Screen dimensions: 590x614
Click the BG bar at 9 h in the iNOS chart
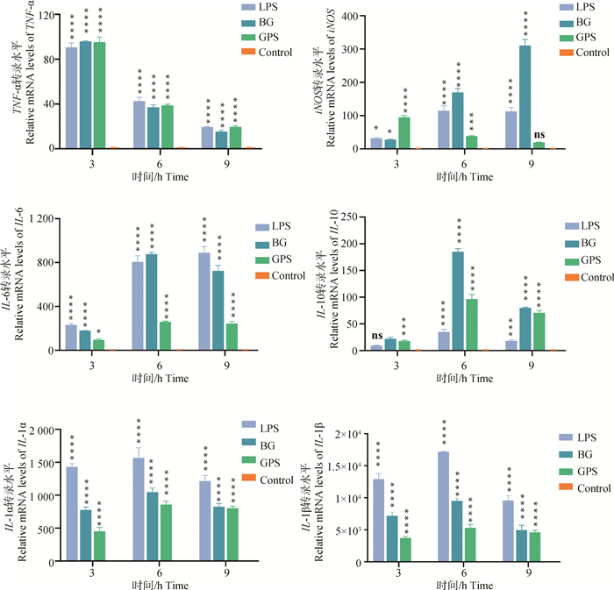point(525,97)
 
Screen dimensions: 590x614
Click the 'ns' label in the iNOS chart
point(539,134)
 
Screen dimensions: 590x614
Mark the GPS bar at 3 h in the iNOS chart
point(405,133)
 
